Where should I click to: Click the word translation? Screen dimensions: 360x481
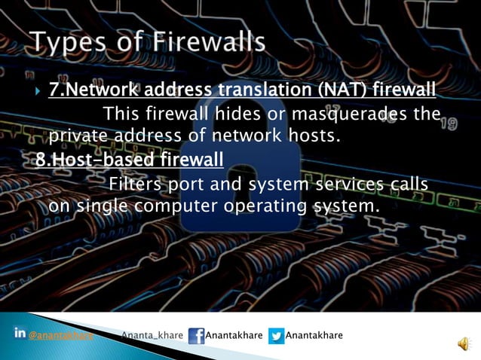(x=269, y=91)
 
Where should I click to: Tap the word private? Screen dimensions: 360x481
(x=78, y=137)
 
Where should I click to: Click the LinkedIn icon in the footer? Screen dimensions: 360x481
(x=20, y=334)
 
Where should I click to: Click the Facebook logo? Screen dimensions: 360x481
(x=196, y=336)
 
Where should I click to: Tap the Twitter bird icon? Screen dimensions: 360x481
(x=276, y=336)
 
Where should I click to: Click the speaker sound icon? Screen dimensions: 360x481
(x=463, y=343)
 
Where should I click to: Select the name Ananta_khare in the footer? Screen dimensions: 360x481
(x=153, y=335)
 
